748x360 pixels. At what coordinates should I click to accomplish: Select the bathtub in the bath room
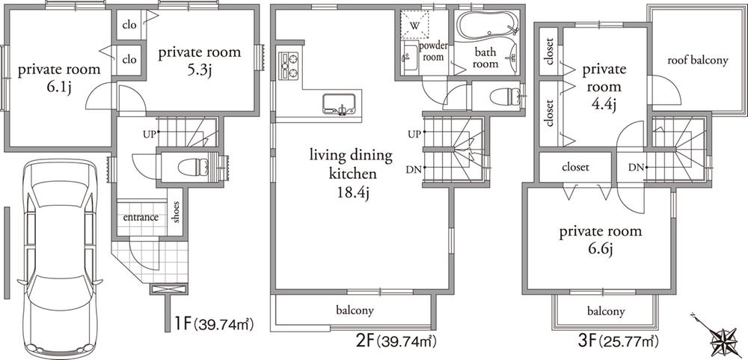click(487, 28)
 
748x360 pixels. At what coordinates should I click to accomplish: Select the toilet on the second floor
click(509, 96)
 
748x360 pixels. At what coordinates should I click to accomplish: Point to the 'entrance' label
click(141, 218)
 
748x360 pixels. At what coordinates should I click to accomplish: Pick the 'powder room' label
click(434, 51)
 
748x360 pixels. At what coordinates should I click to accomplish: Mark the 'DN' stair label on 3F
click(636, 166)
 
